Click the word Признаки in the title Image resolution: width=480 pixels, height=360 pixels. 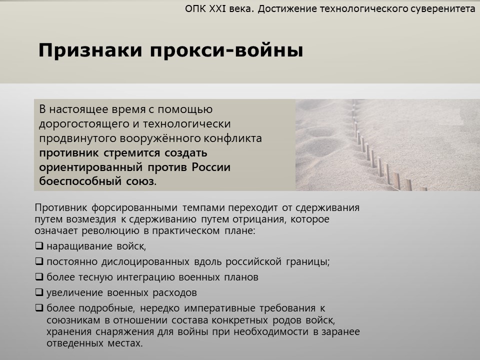tap(90, 51)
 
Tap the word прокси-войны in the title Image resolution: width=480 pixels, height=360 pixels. tap(226, 50)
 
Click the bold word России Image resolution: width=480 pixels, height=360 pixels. tap(211, 167)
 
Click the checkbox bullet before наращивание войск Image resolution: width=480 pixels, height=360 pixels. tap(39, 246)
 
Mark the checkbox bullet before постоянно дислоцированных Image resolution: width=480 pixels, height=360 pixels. tap(39, 261)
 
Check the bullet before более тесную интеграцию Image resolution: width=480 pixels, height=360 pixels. tap(39, 276)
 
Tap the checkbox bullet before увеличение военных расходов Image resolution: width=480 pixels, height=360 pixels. tap(39, 292)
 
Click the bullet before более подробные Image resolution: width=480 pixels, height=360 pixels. tap(39, 307)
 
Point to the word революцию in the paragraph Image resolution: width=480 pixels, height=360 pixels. tap(111, 231)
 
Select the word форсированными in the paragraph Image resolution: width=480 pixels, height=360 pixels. tap(134, 208)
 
